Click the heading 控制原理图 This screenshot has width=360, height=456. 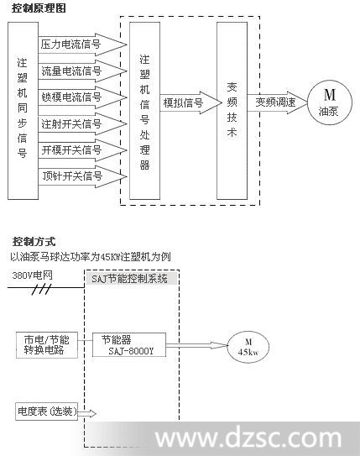[39, 8]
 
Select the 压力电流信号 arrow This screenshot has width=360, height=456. [82, 45]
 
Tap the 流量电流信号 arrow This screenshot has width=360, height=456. [82, 71]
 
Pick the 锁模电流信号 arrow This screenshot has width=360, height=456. [82, 97]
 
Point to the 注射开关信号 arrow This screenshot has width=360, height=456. [82, 124]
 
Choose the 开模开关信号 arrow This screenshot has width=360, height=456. [82, 150]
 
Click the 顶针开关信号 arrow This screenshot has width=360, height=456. [82, 176]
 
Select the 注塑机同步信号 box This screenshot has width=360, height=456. [23, 111]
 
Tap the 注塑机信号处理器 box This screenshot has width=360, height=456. [144, 111]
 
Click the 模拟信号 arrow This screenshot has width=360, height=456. [190, 102]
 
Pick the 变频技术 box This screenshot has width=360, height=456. [232, 111]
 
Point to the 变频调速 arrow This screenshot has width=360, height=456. [277, 102]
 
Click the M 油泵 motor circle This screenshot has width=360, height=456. [330, 102]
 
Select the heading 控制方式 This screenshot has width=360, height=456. [34, 242]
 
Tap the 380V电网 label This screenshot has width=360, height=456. [32, 275]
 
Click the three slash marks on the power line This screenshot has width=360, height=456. [41, 290]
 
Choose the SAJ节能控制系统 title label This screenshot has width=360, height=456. [129, 279]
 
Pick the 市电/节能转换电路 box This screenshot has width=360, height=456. [47, 345]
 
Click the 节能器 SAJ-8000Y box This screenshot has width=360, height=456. [129, 345]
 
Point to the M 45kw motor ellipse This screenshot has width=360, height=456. [248, 347]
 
